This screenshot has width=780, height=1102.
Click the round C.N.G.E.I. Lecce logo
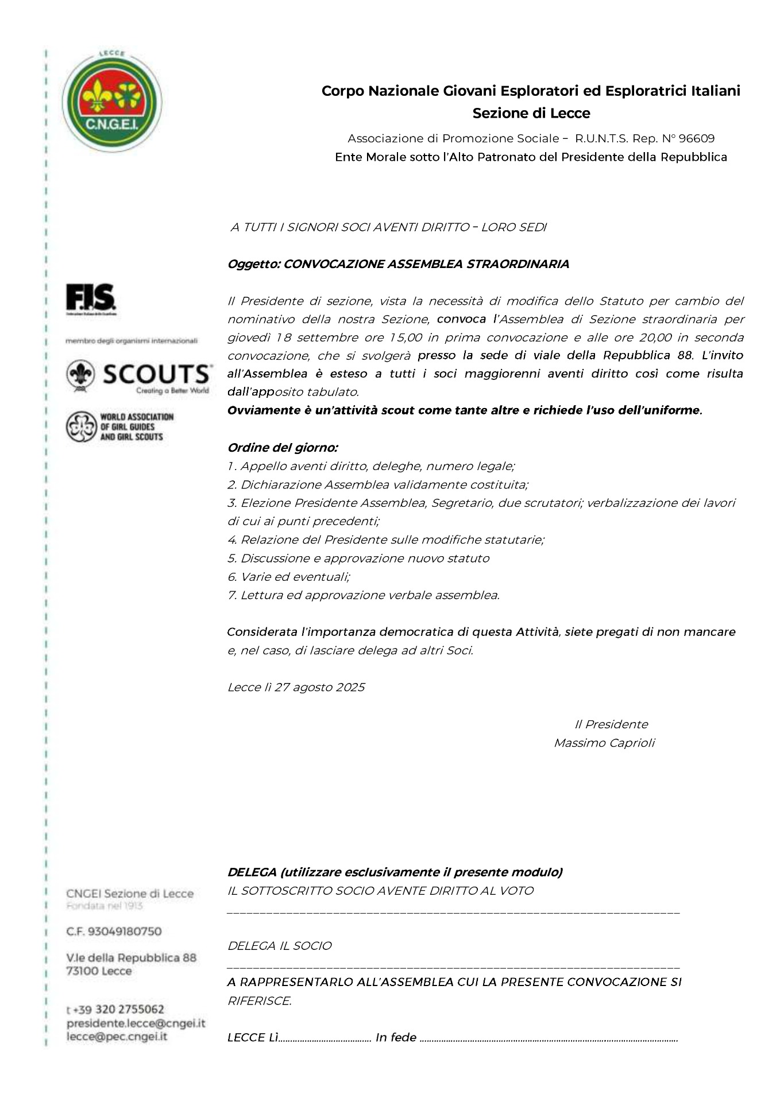click(111, 102)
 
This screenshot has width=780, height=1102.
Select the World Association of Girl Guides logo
click(120, 426)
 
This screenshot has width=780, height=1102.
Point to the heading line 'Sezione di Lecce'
click(531, 113)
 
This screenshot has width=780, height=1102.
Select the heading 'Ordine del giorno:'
click(283, 448)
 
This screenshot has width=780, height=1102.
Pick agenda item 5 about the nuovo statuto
click(358, 558)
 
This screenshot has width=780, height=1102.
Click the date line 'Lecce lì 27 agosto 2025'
click(296, 688)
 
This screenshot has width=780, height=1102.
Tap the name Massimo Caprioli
click(604, 743)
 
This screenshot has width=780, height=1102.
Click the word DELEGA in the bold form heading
click(252, 872)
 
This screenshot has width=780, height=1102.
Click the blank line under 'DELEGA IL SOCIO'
click(453, 967)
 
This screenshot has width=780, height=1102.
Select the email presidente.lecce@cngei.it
click(136, 1023)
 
